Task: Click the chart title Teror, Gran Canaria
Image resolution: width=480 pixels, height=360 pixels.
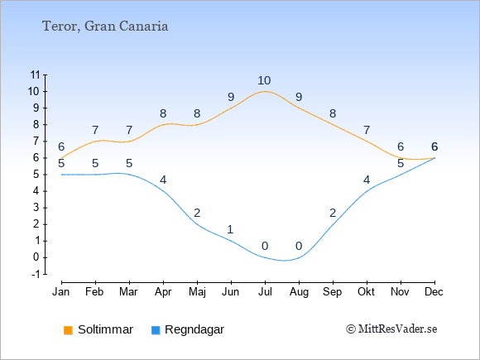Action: coord(105,26)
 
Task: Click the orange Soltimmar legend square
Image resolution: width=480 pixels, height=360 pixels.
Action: coord(68,330)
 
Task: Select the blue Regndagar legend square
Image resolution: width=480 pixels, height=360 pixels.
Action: coord(156,330)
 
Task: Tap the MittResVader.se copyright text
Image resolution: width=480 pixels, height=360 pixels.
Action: coord(391,329)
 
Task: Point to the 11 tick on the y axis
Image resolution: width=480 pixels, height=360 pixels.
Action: coord(36,74)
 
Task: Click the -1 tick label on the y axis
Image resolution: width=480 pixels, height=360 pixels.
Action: coord(36,274)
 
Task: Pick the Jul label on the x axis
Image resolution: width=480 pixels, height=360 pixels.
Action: coord(265,292)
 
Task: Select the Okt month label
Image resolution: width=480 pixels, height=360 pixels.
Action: coord(366,292)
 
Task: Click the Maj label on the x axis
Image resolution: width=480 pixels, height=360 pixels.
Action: coord(197,292)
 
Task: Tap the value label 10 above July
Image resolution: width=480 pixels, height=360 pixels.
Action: coord(264,80)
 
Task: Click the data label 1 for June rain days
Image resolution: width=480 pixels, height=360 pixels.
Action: coord(231,229)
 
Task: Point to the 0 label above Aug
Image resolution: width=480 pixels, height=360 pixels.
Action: coord(299,246)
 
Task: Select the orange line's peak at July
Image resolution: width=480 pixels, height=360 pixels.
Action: coord(265,91)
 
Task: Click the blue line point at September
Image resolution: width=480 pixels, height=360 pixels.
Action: coord(333,224)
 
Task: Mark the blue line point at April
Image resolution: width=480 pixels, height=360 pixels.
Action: coord(164,191)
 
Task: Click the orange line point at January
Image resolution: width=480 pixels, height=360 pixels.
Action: coord(62,158)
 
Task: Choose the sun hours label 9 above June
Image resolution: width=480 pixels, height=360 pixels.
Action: coord(231,97)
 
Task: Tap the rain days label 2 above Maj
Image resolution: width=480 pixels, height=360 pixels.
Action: coord(197,213)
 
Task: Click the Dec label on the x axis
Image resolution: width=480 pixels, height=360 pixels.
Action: coord(434,292)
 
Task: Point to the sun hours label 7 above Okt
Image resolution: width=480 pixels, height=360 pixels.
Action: coord(367,130)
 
